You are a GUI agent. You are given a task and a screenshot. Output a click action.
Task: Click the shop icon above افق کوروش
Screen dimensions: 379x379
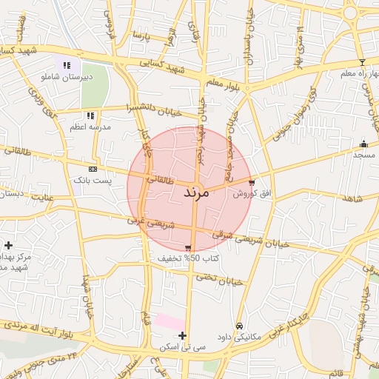[252, 182]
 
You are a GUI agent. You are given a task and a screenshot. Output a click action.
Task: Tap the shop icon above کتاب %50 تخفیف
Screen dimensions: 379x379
[188, 248]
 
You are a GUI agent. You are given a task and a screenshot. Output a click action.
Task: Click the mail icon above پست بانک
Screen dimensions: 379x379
[93, 169]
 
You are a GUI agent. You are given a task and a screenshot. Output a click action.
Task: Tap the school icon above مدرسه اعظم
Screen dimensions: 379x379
[90, 115]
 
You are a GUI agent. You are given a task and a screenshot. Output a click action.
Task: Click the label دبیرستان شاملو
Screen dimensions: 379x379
[67, 76]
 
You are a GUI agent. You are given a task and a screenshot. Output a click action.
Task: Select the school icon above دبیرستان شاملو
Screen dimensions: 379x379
[67, 64]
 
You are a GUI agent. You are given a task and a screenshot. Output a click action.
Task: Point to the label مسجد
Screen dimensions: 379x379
[363, 155]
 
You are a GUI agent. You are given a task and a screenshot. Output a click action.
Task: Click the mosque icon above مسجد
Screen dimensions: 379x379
[363, 144]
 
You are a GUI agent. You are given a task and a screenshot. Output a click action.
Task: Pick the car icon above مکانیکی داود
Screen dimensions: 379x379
[239, 326]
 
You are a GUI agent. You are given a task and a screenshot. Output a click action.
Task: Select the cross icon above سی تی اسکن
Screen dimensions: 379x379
[183, 336]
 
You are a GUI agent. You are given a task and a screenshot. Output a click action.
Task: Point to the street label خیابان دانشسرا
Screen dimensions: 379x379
[155, 108]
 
